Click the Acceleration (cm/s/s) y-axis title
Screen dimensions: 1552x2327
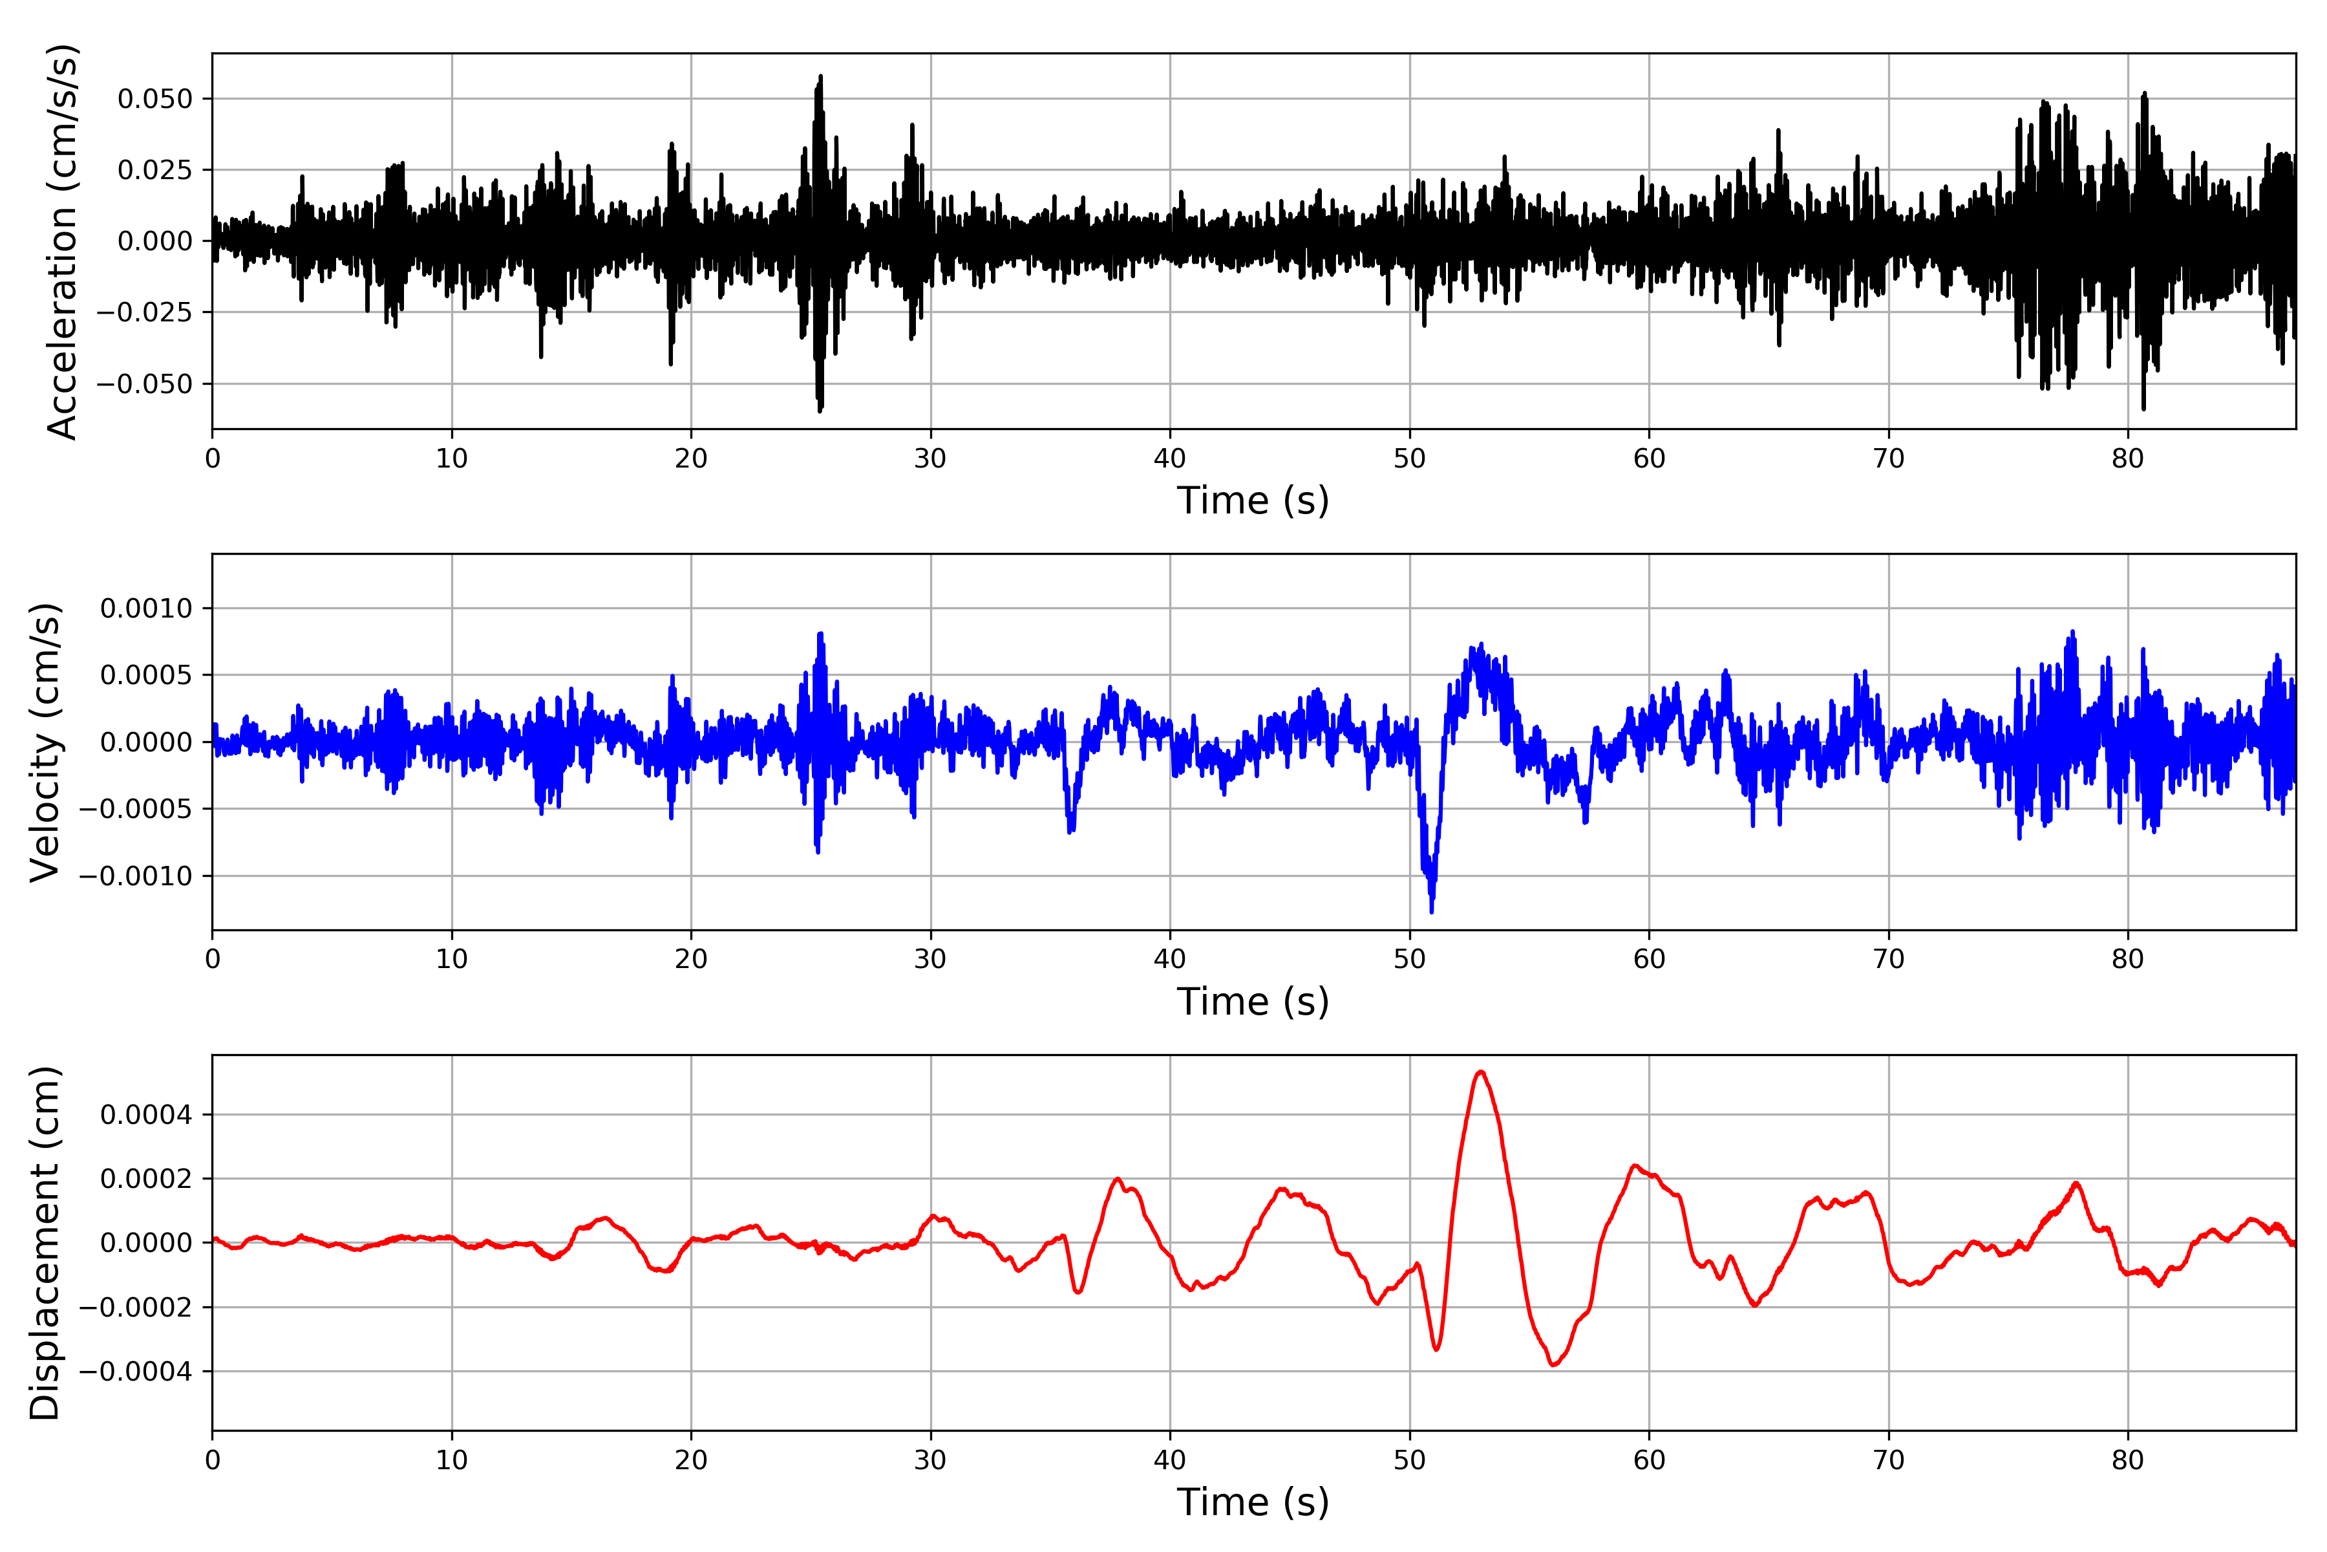coord(61,241)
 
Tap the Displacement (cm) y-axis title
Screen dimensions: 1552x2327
coord(45,1243)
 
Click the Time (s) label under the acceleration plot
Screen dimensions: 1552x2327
coord(1253,501)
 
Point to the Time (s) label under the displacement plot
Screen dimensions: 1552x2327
coord(1253,1502)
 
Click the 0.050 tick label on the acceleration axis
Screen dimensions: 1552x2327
coord(154,99)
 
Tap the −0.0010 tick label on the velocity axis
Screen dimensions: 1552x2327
coord(136,876)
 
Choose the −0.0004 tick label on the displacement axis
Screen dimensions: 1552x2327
coord(136,1372)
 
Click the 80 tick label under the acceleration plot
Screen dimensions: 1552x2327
coord(2128,459)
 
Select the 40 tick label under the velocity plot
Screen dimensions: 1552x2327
coord(1169,959)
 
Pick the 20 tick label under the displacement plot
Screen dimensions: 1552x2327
coord(690,1460)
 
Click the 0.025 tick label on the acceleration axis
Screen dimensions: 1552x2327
coord(154,170)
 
